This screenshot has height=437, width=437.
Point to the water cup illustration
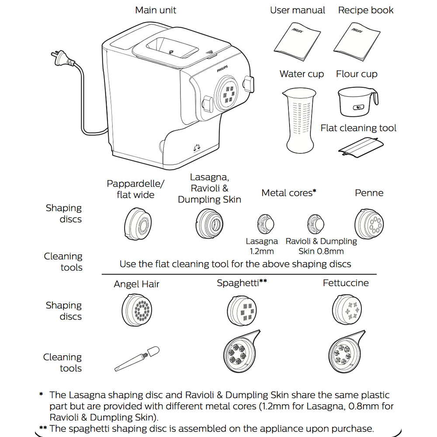point(299,118)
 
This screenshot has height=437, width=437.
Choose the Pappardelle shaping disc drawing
point(138,224)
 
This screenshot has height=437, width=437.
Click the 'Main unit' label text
point(156,10)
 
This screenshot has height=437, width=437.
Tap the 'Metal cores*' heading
point(288,193)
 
